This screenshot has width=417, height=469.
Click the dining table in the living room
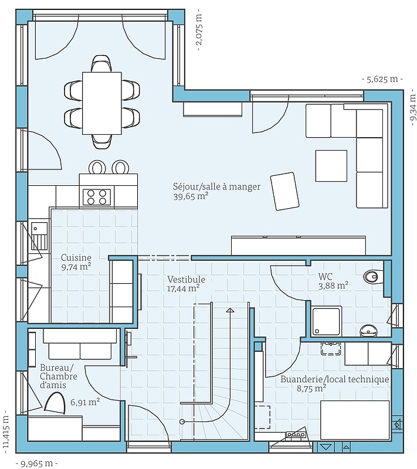pos(102,103)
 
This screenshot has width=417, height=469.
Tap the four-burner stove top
pos(97,197)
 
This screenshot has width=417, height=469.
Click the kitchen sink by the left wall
pos(39,236)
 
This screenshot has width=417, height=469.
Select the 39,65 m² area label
pos(191,196)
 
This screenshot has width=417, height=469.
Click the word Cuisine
pos(76,257)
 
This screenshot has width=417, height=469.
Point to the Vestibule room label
pos(187,280)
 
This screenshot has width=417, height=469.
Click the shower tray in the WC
pos(326,321)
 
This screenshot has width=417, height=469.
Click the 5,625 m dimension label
pos(382,79)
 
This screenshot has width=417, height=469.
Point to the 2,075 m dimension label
pos(199,30)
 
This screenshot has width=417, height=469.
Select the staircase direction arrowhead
pos(230,310)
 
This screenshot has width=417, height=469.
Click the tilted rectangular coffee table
pos(285,191)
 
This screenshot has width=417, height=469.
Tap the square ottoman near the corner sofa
pos(331,166)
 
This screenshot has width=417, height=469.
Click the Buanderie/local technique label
pos(335,379)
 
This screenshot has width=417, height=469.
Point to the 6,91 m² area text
pos(85,402)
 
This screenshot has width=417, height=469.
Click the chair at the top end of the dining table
pos(102,63)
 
